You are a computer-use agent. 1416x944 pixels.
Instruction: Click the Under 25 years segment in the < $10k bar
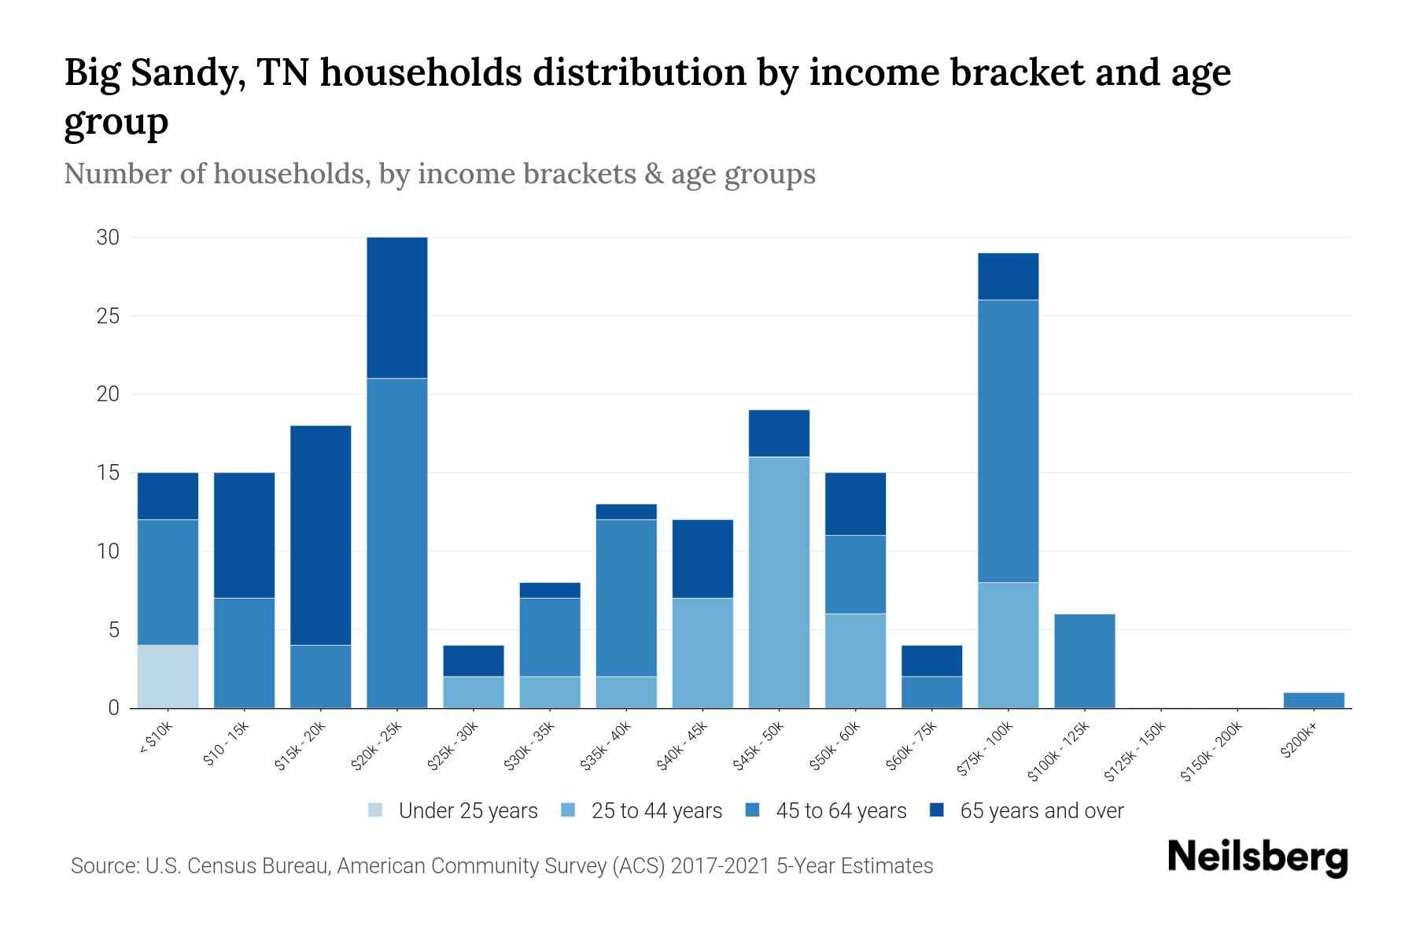168,677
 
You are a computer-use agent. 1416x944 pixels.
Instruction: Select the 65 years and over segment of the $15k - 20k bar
320,535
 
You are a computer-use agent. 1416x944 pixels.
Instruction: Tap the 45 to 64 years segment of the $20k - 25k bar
397,543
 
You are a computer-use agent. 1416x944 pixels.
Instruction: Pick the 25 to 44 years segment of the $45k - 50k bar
779,582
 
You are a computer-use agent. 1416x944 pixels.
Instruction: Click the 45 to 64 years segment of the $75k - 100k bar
1008,441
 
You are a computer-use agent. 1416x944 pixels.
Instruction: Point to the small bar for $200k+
1313,700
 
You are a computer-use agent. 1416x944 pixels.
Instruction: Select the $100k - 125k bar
1084,661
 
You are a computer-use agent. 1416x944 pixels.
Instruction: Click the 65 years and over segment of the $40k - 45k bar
702,559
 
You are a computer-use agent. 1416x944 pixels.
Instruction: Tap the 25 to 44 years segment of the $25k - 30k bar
474,692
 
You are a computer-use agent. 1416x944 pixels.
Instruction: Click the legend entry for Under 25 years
453,811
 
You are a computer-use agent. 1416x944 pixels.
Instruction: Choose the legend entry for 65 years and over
1027,811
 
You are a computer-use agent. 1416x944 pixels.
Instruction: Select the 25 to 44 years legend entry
642,811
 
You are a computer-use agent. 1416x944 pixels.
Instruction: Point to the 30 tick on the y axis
108,237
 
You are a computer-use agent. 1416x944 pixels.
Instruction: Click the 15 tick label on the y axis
108,473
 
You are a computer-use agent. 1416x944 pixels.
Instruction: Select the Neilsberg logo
1257,857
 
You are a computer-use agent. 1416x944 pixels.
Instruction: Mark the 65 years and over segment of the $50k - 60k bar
855,503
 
